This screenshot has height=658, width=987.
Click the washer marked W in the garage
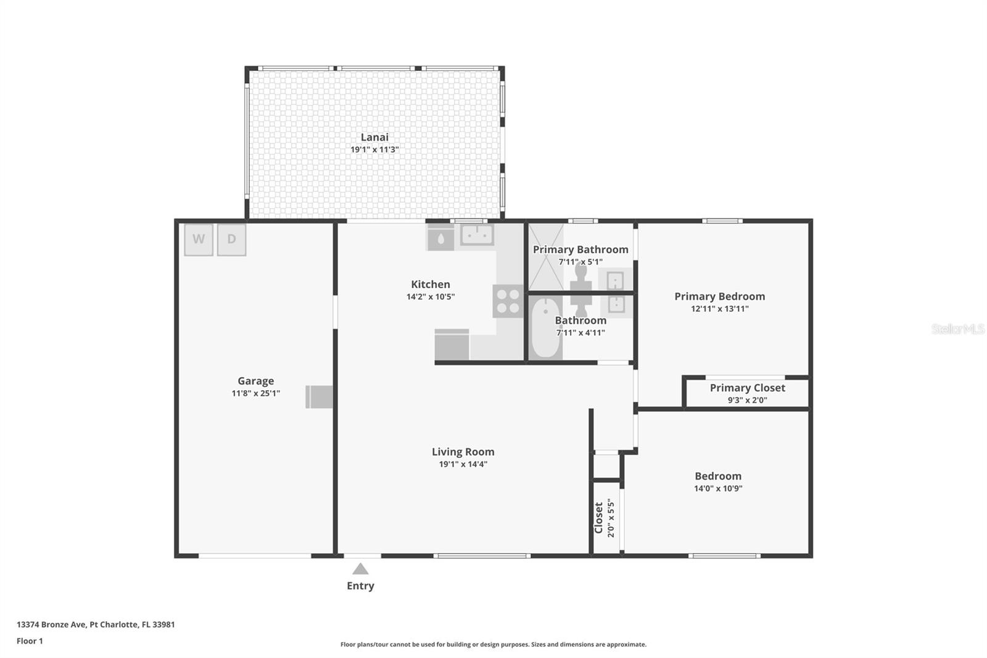click(x=199, y=239)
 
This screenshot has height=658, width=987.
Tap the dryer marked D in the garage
click(x=231, y=239)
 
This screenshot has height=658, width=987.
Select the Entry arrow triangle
click(x=360, y=569)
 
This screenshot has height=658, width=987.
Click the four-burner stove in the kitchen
click(x=508, y=301)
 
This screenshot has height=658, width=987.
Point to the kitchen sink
click(x=477, y=235)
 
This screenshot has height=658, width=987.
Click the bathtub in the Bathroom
click(x=545, y=328)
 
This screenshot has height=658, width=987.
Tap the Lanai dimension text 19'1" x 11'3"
click(x=374, y=149)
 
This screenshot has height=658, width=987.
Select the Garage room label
click(x=255, y=381)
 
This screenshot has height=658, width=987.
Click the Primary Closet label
click(x=747, y=388)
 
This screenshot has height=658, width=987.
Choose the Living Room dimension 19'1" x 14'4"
click(x=463, y=464)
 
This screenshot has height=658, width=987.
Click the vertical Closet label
click(x=598, y=517)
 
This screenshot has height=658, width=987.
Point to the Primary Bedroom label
click(x=719, y=296)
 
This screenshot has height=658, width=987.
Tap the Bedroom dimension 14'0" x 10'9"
click(x=718, y=488)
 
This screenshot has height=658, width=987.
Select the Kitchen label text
click(x=431, y=284)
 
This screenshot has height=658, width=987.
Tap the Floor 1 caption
click(x=30, y=641)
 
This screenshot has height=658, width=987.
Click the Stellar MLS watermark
click(x=957, y=329)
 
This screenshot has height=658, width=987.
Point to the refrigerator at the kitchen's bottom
click(x=452, y=344)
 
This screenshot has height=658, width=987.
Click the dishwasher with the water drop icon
click(x=440, y=238)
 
